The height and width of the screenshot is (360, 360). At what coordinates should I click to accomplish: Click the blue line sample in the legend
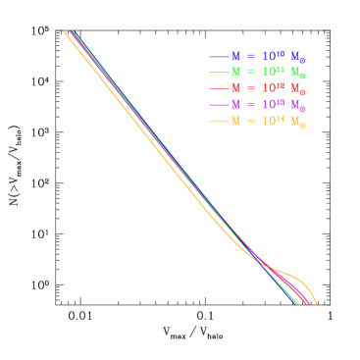pos(219,57)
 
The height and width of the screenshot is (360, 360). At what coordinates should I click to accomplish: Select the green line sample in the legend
pos(219,73)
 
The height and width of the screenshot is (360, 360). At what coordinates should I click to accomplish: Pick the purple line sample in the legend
pos(219,105)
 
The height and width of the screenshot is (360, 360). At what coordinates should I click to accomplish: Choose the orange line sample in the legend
pos(219,122)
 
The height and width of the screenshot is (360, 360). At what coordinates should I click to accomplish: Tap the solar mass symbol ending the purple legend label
pos(297,106)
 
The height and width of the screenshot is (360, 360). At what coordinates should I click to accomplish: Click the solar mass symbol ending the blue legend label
pos(297,58)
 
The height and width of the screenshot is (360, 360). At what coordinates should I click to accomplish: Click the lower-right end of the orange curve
pos(316,303)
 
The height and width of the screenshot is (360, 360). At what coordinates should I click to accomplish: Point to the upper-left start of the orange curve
pos(65,32)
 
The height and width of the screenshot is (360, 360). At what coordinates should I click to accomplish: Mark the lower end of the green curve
pos(296,304)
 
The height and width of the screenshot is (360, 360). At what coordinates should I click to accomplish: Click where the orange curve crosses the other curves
pos(263,263)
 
